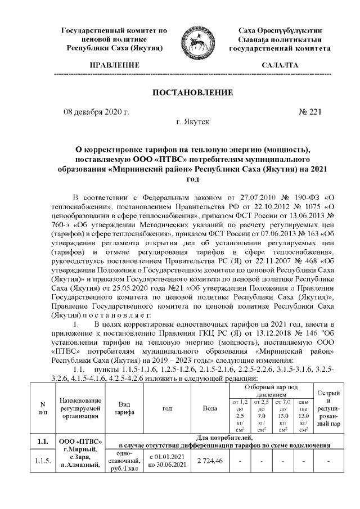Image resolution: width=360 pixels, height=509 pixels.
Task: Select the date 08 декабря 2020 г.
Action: [x=96, y=112]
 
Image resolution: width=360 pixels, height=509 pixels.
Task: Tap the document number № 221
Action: [x=309, y=112]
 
